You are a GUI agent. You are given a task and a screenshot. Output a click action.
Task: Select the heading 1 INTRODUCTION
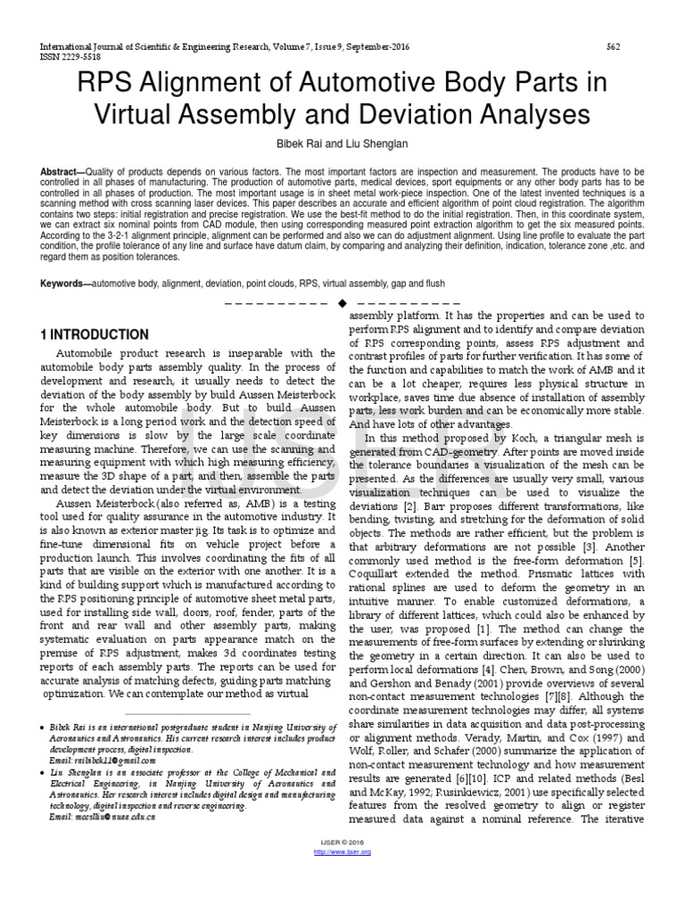point(94,334)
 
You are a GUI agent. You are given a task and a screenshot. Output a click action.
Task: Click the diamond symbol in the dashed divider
point(342,305)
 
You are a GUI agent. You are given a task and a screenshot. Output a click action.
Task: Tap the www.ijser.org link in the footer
point(343,852)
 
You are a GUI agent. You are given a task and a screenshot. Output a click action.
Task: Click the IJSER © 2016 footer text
point(343,843)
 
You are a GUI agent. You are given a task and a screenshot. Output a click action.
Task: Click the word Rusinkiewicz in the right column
point(494,793)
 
